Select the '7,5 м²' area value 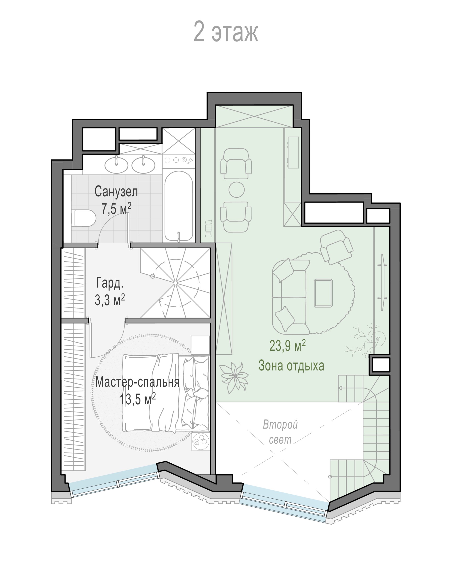pos(117,209)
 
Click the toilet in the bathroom pos(83,218)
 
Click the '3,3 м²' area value pos(110,300)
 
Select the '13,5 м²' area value pos(138,399)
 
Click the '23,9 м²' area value pos(288,345)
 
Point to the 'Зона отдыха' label pos(291,365)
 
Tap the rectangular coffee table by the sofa pos(323,293)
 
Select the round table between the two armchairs pos(236,190)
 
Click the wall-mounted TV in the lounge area pos(382,282)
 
